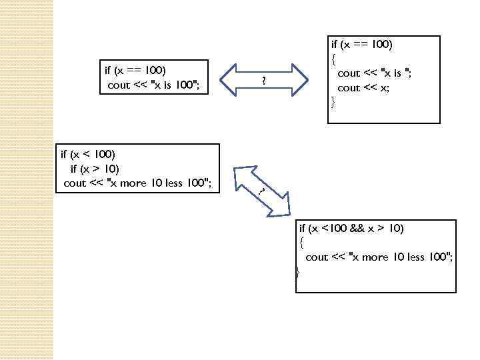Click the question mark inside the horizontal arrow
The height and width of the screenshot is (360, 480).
coord(264,82)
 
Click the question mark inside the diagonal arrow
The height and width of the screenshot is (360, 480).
coord(262,191)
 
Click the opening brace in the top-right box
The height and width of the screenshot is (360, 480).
coord(333,59)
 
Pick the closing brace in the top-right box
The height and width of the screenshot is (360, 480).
coord(333,102)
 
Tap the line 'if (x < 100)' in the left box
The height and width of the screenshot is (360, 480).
coord(87,154)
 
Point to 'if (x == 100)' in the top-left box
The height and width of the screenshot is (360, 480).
coord(135,69)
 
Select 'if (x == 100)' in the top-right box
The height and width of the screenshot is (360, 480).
coord(362,44)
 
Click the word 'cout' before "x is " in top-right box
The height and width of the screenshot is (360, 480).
coord(349,73)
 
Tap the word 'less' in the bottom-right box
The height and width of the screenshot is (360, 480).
coord(416,257)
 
